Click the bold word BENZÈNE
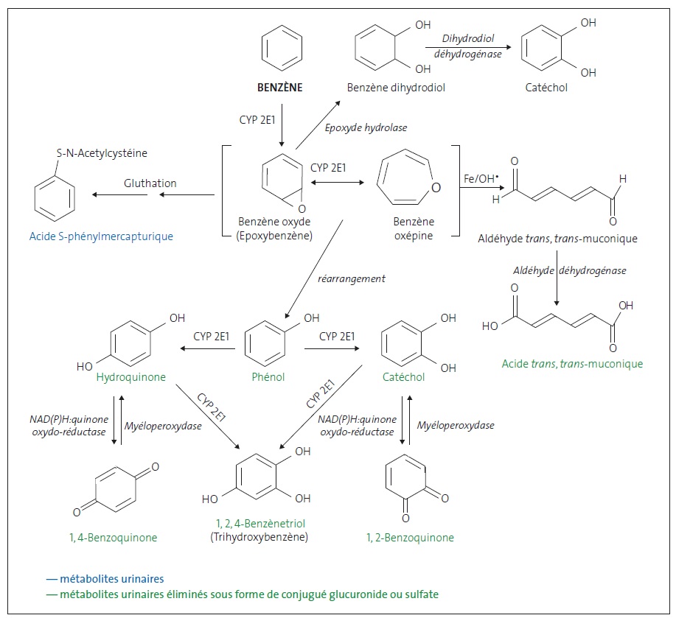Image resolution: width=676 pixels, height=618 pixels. tap(279, 88)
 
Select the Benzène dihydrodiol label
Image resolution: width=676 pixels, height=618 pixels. tap(396, 88)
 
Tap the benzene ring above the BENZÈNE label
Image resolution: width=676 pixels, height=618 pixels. tap(279, 49)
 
